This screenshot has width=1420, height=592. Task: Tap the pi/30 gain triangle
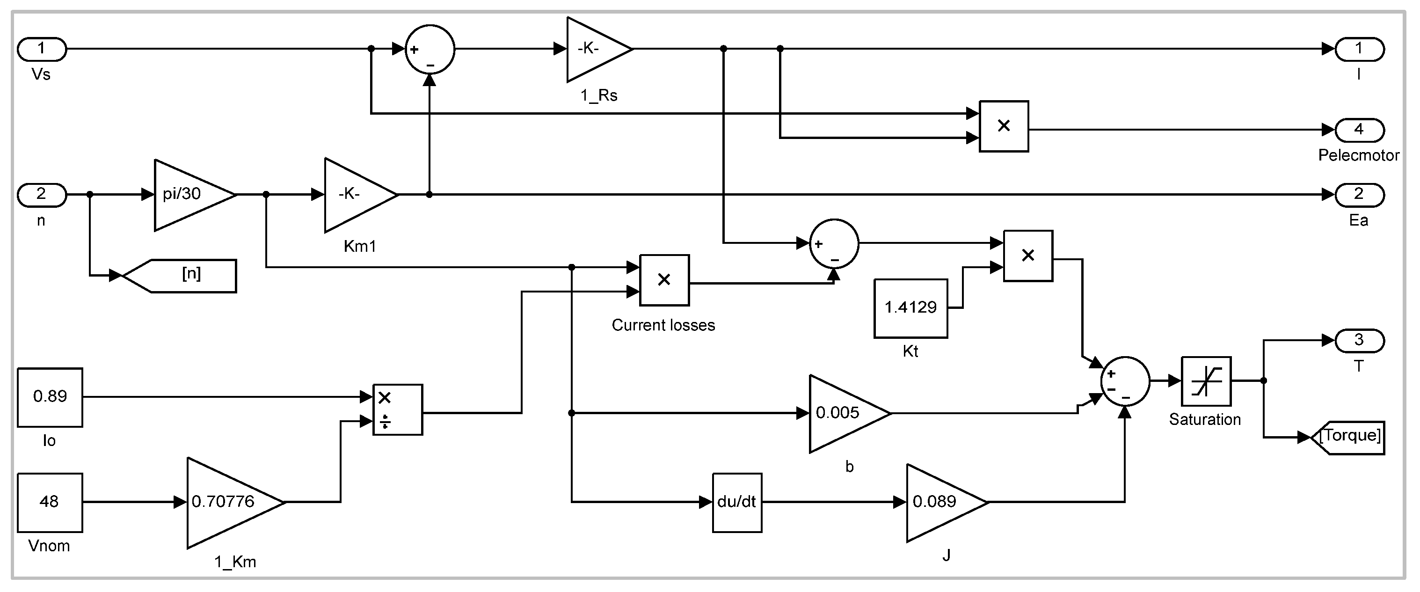point(190,195)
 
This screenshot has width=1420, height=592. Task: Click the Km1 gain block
point(356,195)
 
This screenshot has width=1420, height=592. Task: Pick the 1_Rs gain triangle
point(595,49)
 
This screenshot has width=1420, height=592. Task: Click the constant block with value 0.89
point(50,397)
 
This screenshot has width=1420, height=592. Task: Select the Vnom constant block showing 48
point(50,502)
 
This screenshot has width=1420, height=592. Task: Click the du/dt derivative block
point(737,502)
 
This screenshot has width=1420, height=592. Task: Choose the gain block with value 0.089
point(941,502)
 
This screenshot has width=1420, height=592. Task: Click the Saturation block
point(1206,381)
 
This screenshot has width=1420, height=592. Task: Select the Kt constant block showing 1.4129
point(910,308)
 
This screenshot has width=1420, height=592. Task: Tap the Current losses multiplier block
point(664,280)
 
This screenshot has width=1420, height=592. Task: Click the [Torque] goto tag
point(1349,437)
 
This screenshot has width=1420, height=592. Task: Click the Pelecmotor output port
point(1359,130)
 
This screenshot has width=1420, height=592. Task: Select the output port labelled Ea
point(1359,195)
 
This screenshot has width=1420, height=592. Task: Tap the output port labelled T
point(1359,341)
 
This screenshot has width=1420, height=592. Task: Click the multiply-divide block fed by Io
point(397,409)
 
